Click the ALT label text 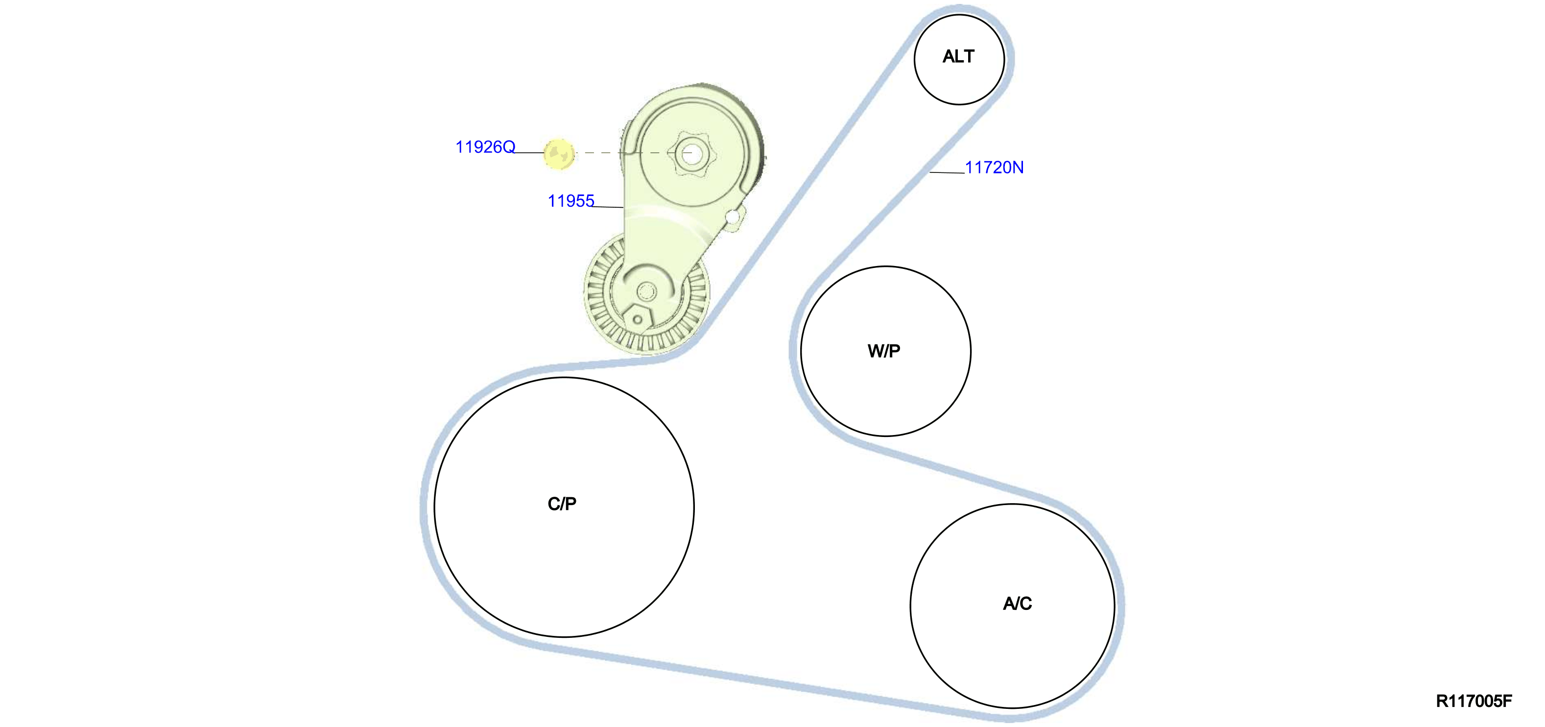click(958, 56)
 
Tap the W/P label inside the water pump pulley click(884, 351)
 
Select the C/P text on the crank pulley click(562, 504)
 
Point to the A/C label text click(1017, 604)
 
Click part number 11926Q click(485, 147)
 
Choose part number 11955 click(571, 201)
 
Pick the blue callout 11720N click(995, 168)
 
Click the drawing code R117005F click(1474, 701)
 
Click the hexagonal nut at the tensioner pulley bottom click(638, 319)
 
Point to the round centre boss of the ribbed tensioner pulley click(646, 292)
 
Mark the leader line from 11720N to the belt click(947, 173)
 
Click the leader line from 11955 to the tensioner click(608, 207)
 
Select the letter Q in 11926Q click(509, 147)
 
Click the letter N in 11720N click(1018, 168)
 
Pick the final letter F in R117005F click(1508, 701)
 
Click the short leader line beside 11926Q click(529, 153)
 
